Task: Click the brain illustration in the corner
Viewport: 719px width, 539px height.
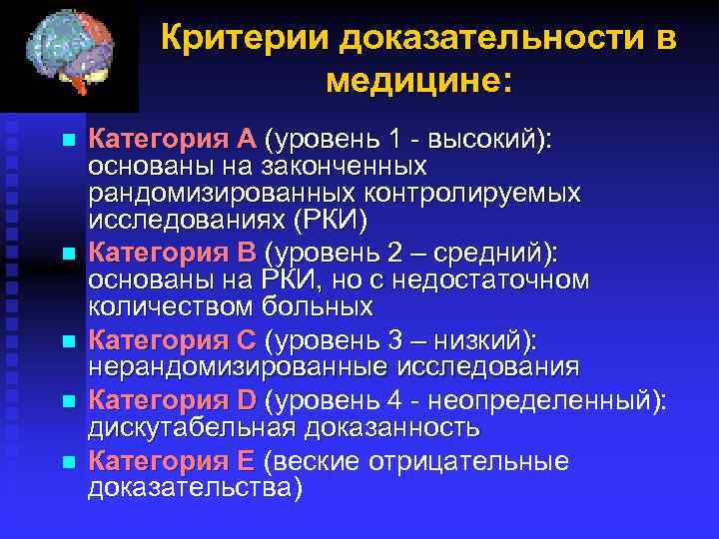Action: click(x=69, y=54)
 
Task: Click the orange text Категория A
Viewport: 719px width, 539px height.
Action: click(x=173, y=138)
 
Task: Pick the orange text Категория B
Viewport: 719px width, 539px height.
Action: click(x=173, y=254)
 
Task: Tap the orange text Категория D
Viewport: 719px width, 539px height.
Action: click(x=173, y=400)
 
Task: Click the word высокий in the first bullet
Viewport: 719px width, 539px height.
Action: click(x=486, y=138)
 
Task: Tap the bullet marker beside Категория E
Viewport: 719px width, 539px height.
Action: click(x=67, y=462)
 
